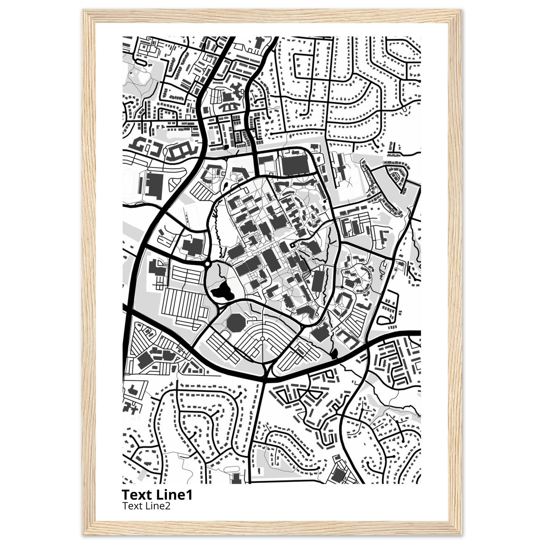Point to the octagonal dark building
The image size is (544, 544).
pyautogui.click(x=235, y=322)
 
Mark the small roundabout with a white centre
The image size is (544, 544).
pyautogui.click(x=207, y=264)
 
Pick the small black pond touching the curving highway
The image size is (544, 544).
pyautogui.click(x=334, y=353)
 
